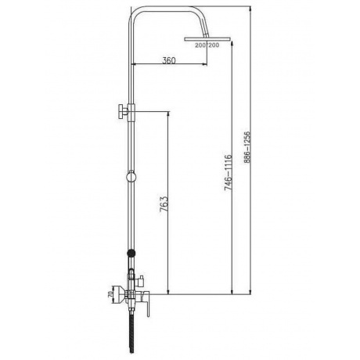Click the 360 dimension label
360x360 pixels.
click(x=169, y=60)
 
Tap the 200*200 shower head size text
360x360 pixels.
click(x=207, y=45)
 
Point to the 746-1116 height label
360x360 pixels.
click(x=228, y=172)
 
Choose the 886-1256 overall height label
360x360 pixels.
click(x=247, y=147)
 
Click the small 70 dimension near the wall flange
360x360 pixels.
click(x=110, y=294)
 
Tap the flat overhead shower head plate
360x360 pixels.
click(x=207, y=39)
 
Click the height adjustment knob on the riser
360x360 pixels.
click(x=122, y=111)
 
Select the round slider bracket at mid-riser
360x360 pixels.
click(x=131, y=176)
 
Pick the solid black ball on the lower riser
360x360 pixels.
click(x=131, y=253)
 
